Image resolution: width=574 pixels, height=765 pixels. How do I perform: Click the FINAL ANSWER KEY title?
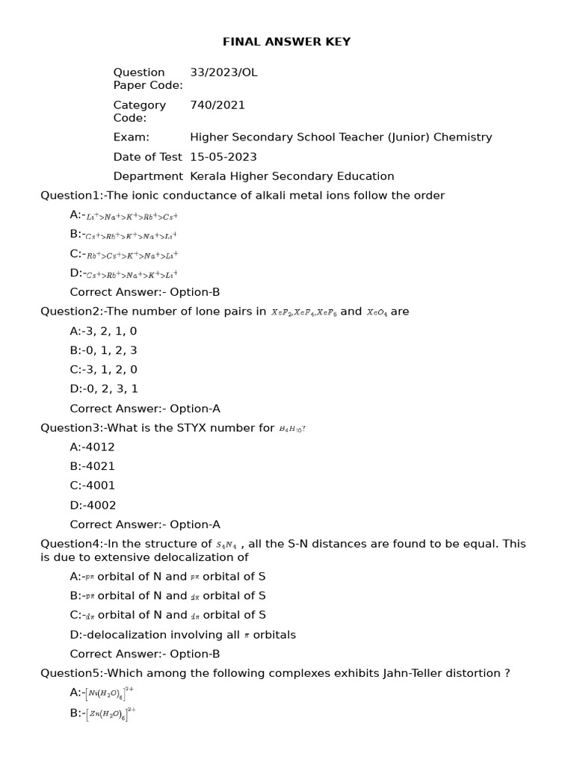[286, 42]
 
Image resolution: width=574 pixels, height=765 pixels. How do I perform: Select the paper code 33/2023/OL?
[223, 72]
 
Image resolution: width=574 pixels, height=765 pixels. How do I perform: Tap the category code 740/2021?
[217, 105]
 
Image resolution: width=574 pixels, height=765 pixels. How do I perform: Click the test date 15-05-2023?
[223, 157]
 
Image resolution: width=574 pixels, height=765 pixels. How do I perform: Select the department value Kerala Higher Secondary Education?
[292, 176]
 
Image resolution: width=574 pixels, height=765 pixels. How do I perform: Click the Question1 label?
[71, 196]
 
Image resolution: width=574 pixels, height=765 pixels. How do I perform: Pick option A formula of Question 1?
[132, 216]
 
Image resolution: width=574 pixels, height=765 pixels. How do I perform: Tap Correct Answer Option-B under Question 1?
[145, 292]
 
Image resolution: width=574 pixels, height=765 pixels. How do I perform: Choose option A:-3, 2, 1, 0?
[103, 331]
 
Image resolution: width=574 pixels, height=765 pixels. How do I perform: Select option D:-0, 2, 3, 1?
[104, 388]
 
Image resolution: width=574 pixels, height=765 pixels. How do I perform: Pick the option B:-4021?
[93, 466]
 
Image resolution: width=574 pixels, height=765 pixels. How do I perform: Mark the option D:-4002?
[93, 505]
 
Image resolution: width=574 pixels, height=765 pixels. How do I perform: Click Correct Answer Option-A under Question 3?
[145, 524]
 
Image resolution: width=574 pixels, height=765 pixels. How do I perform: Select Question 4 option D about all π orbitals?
[182, 635]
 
